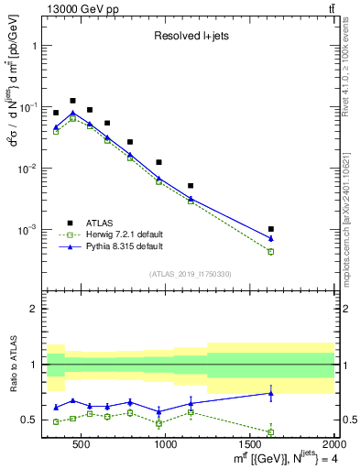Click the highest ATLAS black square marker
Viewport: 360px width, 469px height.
pyautogui.click(x=72, y=101)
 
